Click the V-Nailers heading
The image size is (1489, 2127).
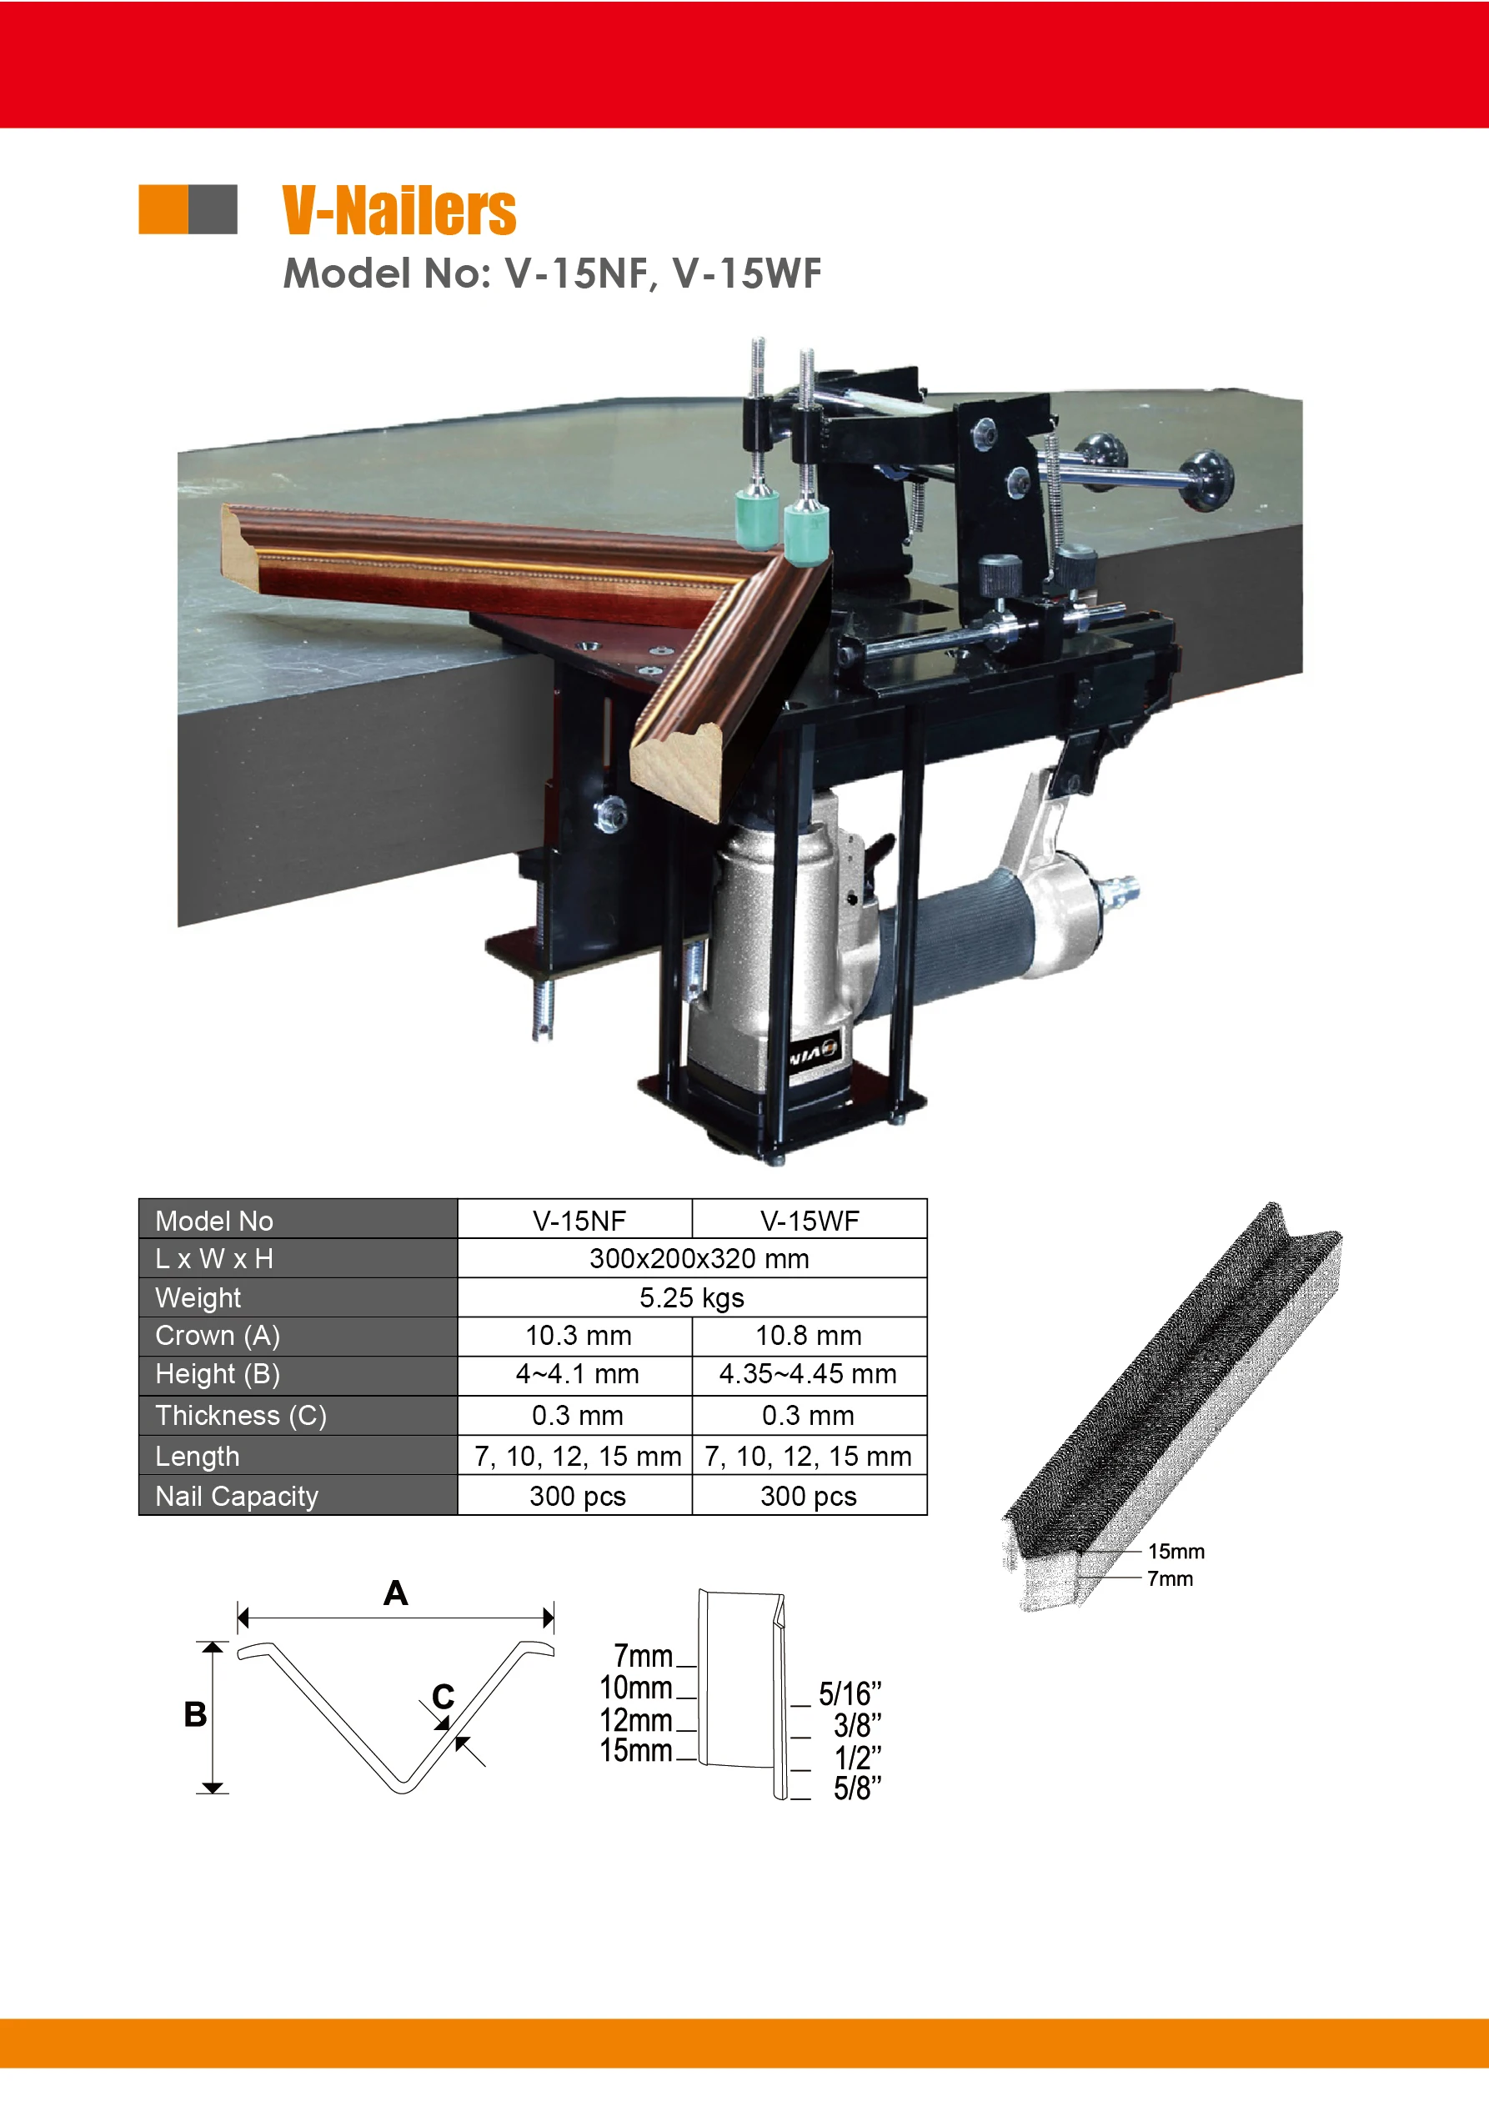(399, 211)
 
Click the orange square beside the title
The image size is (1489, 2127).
(163, 209)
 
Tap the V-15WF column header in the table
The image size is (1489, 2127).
(809, 1221)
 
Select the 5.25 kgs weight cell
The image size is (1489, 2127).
(691, 1298)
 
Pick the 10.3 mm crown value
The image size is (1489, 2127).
(579, 1336)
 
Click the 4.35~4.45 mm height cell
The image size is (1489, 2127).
(808, 1375)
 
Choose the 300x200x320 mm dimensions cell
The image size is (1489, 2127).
(699, 1259)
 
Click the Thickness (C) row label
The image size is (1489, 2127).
(241, 1417)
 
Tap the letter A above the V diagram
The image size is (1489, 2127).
(396, 1593)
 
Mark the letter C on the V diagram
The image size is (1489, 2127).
(443, 1696)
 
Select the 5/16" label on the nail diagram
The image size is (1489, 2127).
(850, 1694)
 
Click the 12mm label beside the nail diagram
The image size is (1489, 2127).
(635, 1720)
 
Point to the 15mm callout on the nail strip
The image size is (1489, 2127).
(1176, 1552)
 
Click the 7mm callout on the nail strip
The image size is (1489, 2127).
(1171, 1578)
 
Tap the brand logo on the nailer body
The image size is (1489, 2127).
(815, 1053)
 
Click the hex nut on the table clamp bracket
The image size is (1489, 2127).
(609, 815)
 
